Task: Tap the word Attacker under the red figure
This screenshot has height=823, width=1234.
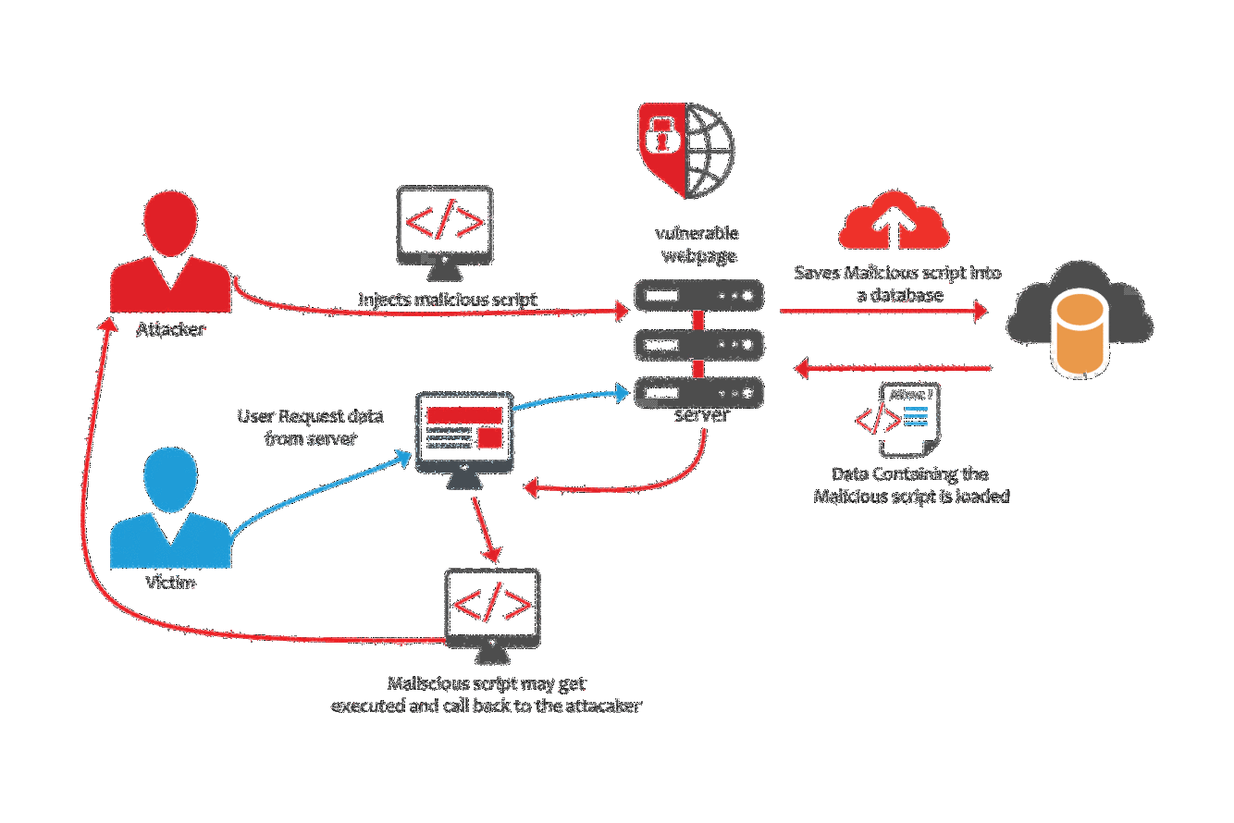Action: (x=170, y=329)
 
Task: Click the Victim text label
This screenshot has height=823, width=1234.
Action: (x=171, y=583)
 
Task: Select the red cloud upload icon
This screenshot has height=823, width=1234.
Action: (x=894, y=223)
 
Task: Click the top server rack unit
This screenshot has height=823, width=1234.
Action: (x=699, y=296)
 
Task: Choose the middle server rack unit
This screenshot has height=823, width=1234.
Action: (x=699, y=345)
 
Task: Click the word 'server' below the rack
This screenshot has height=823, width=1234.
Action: (x=701, y=415)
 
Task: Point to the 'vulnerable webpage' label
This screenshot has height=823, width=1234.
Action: (x=697, y=243)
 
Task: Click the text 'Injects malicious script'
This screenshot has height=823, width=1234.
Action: (x=448, y=300)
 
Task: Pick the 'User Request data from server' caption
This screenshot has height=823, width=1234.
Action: (x=298, y=427)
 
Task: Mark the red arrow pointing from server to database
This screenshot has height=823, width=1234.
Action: (x=883, y=311)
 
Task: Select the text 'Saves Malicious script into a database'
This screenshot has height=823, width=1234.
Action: (x=897, y=284)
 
